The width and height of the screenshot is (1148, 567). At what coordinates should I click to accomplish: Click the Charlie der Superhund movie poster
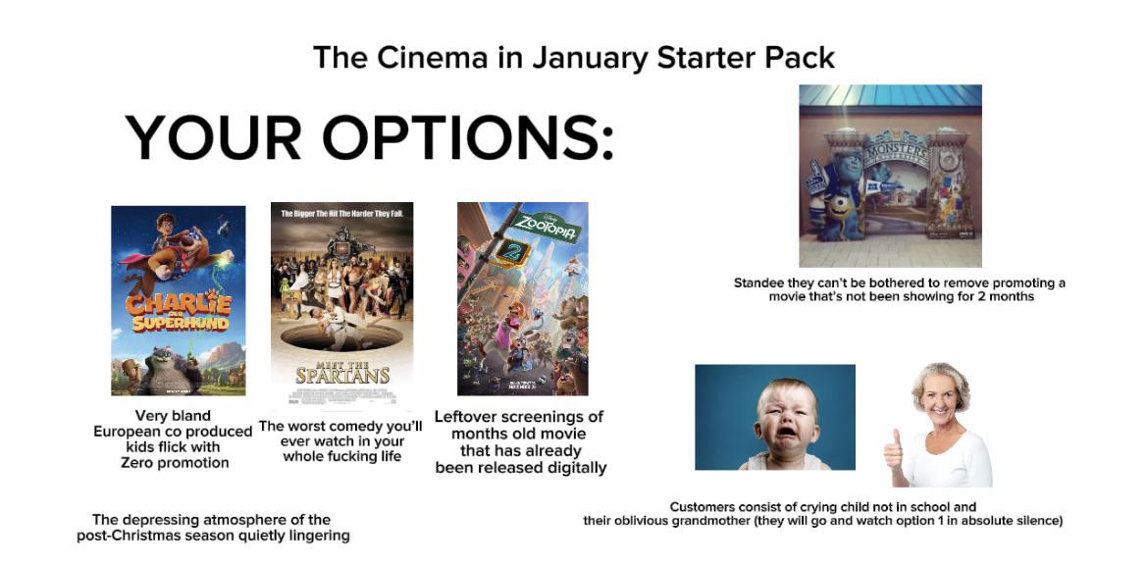178,300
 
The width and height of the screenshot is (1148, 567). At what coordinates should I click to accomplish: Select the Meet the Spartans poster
341,303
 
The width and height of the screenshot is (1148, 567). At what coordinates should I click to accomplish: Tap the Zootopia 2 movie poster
522,298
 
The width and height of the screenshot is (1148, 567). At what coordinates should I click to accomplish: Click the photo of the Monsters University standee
890,176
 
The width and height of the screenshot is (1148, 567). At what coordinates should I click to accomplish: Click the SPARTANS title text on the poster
342,376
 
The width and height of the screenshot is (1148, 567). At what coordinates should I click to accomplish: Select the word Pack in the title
802,57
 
